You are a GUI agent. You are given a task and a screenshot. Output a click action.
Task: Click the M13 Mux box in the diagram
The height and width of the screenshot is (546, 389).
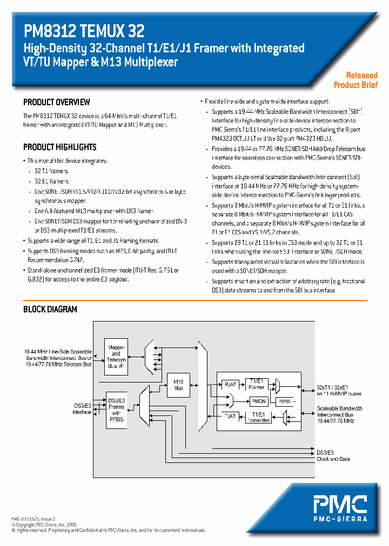[x=179, y=385]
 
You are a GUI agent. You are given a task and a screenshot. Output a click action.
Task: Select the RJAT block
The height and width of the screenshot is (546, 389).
[x=231, y=384]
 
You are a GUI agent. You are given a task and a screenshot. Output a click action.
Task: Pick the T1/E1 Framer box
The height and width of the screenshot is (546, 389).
[x=257, y=384]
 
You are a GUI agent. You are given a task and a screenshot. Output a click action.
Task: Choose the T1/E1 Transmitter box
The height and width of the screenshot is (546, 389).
[x=257, y=418]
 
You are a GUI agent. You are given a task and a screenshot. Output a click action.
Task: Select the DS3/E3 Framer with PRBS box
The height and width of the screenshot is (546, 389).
[x=116, y=409]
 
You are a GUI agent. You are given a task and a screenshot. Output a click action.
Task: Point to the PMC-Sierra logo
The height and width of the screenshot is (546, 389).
[x=340, y=507]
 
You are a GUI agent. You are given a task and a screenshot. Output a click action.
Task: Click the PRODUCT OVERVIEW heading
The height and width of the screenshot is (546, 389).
[x=57, y=102]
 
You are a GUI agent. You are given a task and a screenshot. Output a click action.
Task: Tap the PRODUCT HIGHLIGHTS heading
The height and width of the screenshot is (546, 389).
[x=60, y=147]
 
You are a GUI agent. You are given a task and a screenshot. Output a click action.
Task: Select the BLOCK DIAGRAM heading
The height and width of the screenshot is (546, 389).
[x=50, y=309]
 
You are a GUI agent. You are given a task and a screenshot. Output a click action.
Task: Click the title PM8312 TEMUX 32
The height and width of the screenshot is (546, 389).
[x=84, y=31]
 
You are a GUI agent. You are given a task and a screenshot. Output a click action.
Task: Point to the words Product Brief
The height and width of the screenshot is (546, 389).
[x=356, y=85]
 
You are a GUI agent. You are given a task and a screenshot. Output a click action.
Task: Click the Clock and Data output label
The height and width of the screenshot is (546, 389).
[x=333, y=459]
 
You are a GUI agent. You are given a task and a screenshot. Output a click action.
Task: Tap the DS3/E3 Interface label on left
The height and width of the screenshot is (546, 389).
[x=82, y=408]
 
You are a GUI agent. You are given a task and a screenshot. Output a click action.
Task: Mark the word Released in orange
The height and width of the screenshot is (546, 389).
[x=361, y=76]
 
